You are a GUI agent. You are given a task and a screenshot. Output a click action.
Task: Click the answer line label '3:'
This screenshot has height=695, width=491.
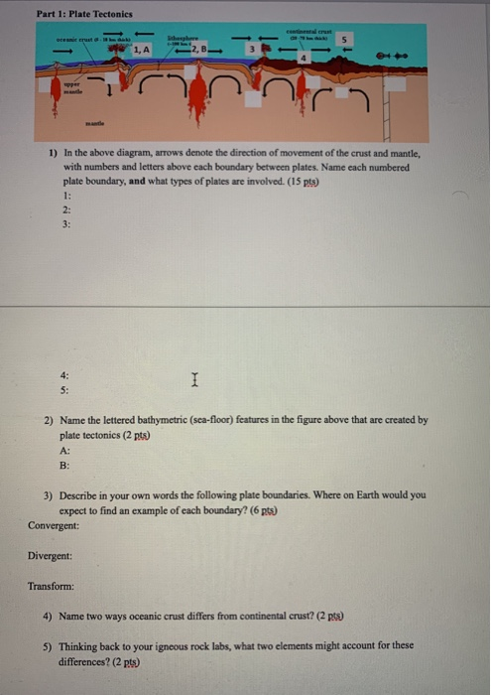[x=65, y=224]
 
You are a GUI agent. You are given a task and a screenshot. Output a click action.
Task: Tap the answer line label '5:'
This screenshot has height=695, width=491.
[x=65, y=390]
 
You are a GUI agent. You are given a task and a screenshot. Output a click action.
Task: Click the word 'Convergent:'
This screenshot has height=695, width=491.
[x=56, y=524]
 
